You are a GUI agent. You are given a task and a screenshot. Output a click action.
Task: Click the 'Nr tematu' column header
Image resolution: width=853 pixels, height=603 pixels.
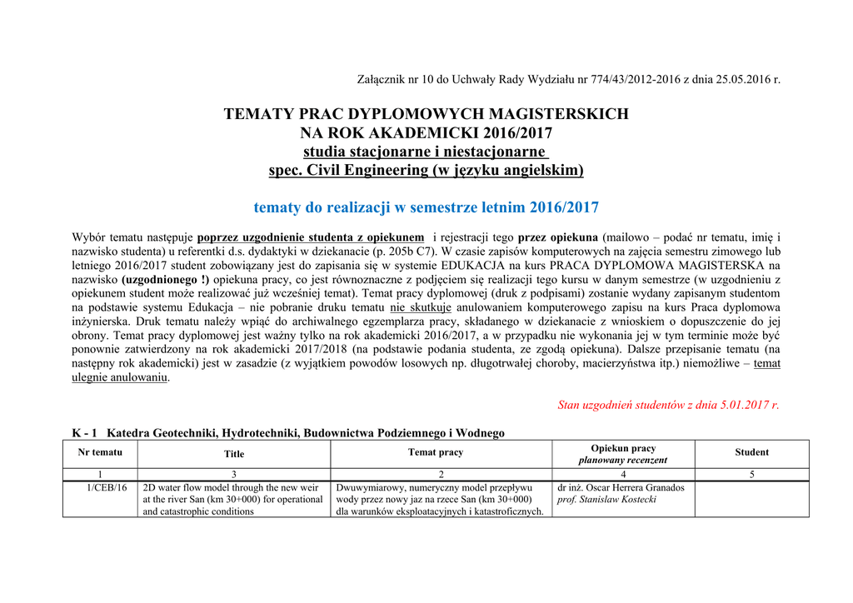[100, 451]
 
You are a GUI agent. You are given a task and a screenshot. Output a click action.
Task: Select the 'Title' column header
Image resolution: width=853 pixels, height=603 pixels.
[234, 454]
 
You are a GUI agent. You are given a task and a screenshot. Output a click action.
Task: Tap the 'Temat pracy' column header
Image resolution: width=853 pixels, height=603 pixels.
[436, 452]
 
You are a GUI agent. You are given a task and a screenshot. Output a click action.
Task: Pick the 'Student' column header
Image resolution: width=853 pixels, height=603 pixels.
[751, 452]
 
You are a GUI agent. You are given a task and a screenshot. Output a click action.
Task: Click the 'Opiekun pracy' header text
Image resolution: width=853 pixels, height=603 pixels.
[623, 448]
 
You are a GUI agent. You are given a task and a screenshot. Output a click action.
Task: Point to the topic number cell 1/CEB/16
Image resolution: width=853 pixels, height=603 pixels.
[107, 487]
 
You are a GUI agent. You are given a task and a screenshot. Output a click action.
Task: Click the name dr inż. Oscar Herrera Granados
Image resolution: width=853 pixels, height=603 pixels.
[621, 487]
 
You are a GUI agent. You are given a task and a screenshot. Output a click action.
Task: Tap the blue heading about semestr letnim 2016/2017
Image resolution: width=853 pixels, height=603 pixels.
[426, 207]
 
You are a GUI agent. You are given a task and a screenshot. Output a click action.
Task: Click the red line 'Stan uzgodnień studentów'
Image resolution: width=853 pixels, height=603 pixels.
[668, 406]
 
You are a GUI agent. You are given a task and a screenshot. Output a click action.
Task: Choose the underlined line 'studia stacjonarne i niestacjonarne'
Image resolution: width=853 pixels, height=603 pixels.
[425, 152]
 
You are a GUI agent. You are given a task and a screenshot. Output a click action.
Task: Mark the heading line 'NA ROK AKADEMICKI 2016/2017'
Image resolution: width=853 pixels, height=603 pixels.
[426, 132]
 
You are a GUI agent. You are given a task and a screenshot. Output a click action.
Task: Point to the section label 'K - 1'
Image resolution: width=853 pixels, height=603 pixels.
[84, 432]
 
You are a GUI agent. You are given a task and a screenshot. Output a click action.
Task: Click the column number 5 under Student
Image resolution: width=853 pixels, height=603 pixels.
[751, 474]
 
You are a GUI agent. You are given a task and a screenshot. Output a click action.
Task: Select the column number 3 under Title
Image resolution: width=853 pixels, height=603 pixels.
[234, 474]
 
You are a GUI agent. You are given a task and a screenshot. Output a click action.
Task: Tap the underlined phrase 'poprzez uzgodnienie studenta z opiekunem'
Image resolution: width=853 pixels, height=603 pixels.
[310, 237]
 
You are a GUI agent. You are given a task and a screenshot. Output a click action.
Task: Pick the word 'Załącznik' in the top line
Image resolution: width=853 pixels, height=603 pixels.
[380, 80]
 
